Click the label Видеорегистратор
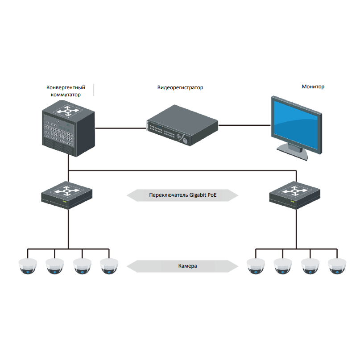coord(180,87)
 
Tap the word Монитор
coord(313,87)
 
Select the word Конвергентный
coord(66,87)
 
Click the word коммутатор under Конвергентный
coord(66,95)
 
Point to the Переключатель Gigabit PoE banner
coord(182,195)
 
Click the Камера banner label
coord(187,266)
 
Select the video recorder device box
coord(182,125)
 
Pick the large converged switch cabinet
coord(68,128)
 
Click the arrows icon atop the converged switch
coord(68,111)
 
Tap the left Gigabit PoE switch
coord(67,195)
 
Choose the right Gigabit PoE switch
coord(295,195)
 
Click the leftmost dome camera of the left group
coord(28,266)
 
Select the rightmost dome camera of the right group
coord(337,266)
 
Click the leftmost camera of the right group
coord(256,266)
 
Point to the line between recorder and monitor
coord(244,125)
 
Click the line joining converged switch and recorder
coord(121,128)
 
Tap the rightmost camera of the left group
coord(109,266)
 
